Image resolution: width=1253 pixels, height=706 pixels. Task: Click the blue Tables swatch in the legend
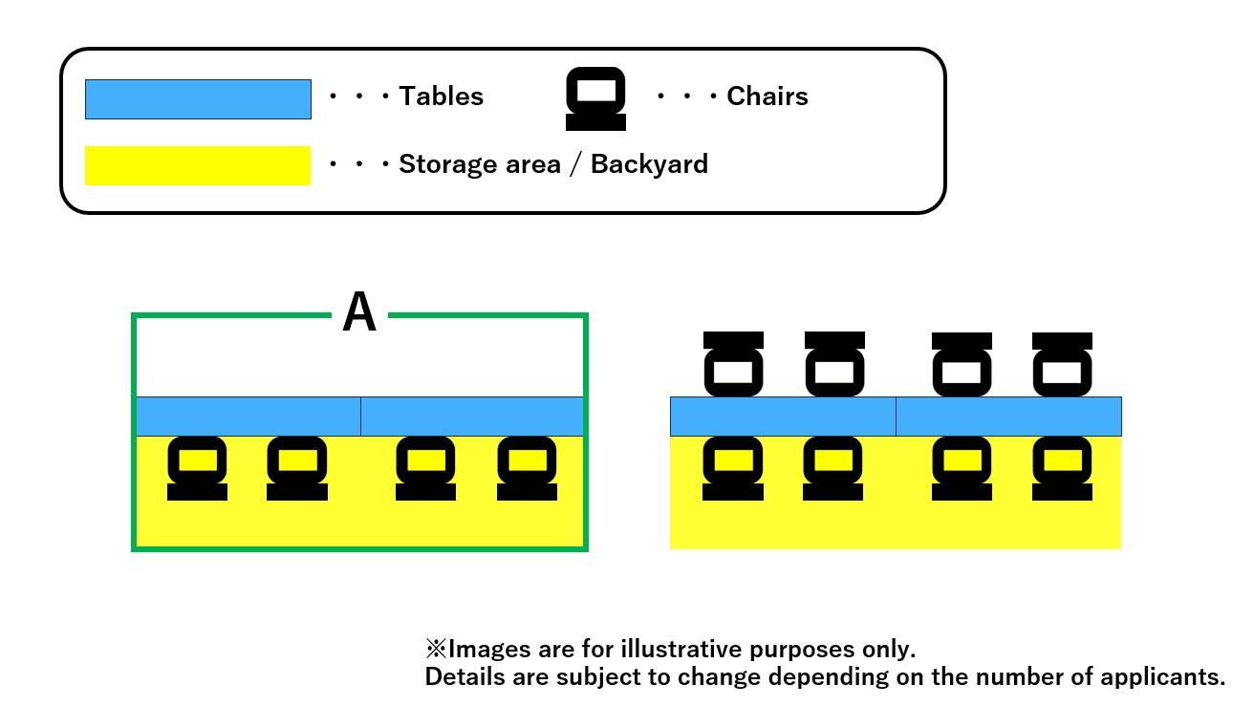(x=198, y=99)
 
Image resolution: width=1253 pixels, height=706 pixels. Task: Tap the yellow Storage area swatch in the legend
(x=198, y=165)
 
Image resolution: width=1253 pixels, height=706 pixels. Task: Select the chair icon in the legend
(x=595, y=99)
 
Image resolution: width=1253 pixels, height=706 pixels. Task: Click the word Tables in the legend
(x=441, y=96)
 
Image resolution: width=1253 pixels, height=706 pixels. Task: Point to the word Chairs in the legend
(x=767, y=96)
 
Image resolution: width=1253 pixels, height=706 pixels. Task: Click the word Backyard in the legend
(x=649, y=164)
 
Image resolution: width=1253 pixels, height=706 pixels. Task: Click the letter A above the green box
(x=359, y=312)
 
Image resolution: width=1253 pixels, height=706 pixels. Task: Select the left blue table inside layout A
(x=248, y=417)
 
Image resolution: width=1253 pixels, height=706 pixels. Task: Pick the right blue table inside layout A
(x=472, y=417)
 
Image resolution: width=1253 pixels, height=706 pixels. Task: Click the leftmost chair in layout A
(x=197, y=468)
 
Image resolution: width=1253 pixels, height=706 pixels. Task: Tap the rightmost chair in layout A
(x=527, y=468)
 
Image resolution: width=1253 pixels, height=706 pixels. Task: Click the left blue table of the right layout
(x=783, y=417)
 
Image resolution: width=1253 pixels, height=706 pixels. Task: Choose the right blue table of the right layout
(x=1008, y=417)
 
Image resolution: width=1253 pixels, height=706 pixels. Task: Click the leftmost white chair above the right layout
(x=733, y=364)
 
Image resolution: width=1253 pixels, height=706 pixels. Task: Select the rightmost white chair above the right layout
(x=1062, y=364)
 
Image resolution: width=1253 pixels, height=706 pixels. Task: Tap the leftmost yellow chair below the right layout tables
(x=732, y=468)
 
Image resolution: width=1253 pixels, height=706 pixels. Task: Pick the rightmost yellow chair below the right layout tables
(x=1062, y=468)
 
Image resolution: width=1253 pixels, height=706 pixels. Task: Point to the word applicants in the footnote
(x=1159, y=677)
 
